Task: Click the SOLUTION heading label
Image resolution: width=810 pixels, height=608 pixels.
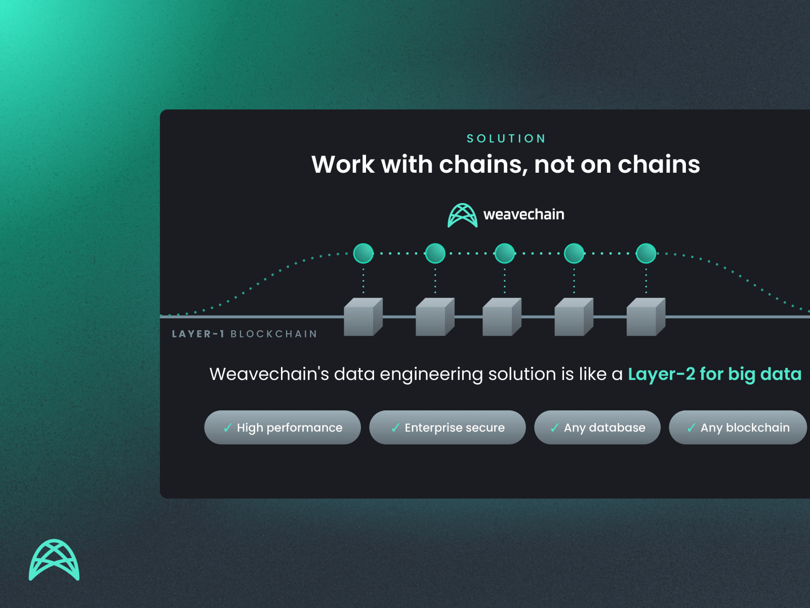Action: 506,138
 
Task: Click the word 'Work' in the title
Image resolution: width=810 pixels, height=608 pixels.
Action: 343,165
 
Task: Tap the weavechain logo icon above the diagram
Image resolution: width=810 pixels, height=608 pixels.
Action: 462,215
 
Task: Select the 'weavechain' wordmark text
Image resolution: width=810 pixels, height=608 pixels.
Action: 523,215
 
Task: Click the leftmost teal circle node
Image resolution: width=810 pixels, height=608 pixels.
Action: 363,253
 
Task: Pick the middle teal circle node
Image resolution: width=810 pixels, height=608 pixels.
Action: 505,253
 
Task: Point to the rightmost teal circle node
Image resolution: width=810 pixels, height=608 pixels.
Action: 646,253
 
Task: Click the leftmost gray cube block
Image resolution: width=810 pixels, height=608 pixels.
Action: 362,317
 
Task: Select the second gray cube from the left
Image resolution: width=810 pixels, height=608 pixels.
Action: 434,317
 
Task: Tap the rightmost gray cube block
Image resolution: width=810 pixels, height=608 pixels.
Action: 645,317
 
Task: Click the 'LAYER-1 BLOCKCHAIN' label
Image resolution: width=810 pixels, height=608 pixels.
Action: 245,334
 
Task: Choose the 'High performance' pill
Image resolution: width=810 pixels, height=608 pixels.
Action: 282,428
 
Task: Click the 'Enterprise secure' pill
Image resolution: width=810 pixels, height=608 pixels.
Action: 448,428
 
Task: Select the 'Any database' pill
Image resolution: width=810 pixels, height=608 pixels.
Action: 597,428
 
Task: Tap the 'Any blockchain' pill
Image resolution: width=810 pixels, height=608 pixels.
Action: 738,428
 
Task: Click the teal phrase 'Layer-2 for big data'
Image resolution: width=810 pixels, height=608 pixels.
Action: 714,374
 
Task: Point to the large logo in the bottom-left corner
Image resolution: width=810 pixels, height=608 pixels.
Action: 54,560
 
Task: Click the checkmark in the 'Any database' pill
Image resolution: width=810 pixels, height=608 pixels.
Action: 555,428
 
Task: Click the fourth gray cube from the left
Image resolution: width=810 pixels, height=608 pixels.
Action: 574,317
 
